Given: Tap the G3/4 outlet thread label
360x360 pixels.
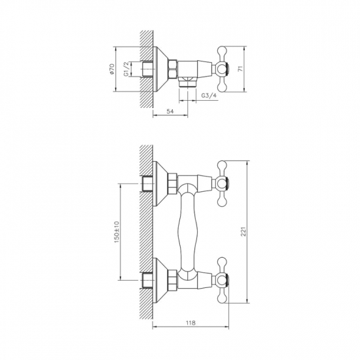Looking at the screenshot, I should point(209,96).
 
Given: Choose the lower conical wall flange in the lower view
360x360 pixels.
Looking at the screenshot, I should point(160,281).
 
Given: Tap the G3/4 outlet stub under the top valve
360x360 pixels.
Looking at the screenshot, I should point(189,83).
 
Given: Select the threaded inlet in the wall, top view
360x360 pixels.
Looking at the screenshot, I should point(147,69).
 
